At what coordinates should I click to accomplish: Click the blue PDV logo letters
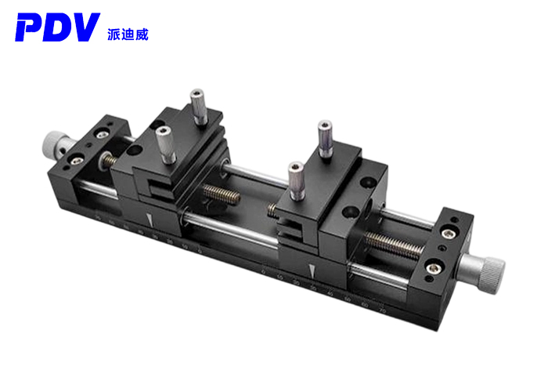pos(56,28)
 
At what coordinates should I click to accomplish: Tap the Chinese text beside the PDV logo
pos(127,34)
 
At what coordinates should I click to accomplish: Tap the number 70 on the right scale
pos(381,311)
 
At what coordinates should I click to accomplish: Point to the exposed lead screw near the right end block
pos(395,245)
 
